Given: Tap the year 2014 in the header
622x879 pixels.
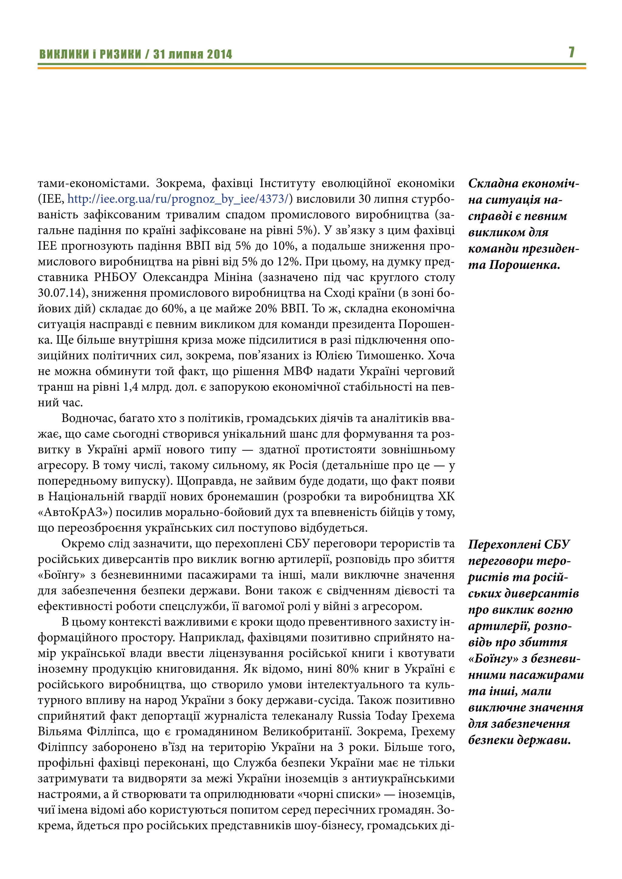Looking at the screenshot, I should pos(220,54).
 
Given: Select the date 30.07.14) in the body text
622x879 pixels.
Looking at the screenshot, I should pos(63,293).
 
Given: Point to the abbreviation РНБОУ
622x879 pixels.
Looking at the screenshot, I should pos(116,277).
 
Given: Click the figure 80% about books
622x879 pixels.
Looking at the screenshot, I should pos(347,669).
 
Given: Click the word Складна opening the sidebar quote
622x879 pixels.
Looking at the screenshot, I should pos(491,183).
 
